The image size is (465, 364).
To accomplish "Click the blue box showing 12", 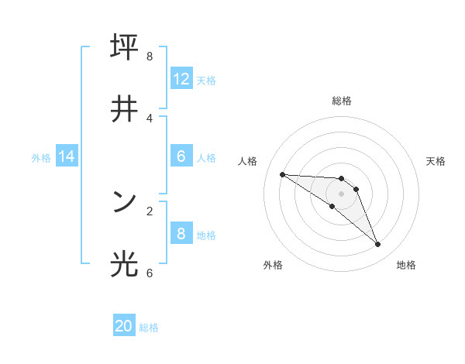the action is click(x=181, y=79).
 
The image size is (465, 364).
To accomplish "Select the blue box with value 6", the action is click(x=181, y=156).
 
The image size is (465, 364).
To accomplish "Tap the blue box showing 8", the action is click(x=181, y=234).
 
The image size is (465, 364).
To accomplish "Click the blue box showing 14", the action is click(x=67, y=156).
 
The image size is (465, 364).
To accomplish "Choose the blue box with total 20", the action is click(x=124, y=326).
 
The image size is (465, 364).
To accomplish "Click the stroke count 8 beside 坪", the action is click(x=150, y=57).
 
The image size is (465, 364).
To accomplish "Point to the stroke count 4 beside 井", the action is click(x=150, y=118).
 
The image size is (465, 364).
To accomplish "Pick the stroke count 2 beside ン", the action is click(x=150, y=211).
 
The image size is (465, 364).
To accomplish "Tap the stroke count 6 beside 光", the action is click(x=150, y=273).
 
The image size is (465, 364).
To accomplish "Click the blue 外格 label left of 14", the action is click(x=41, y=157).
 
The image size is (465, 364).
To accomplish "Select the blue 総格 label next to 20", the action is click(x=149, y=328).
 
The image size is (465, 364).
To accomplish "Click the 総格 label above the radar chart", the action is click(x=341, y=101).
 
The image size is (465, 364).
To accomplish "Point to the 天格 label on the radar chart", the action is click(x=436, y=161).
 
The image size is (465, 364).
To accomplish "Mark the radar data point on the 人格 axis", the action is click(x=282, y=174).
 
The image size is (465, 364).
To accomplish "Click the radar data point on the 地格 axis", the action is click(x=377, y=245).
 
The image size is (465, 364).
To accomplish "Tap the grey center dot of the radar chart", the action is click(x=341, y=194).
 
